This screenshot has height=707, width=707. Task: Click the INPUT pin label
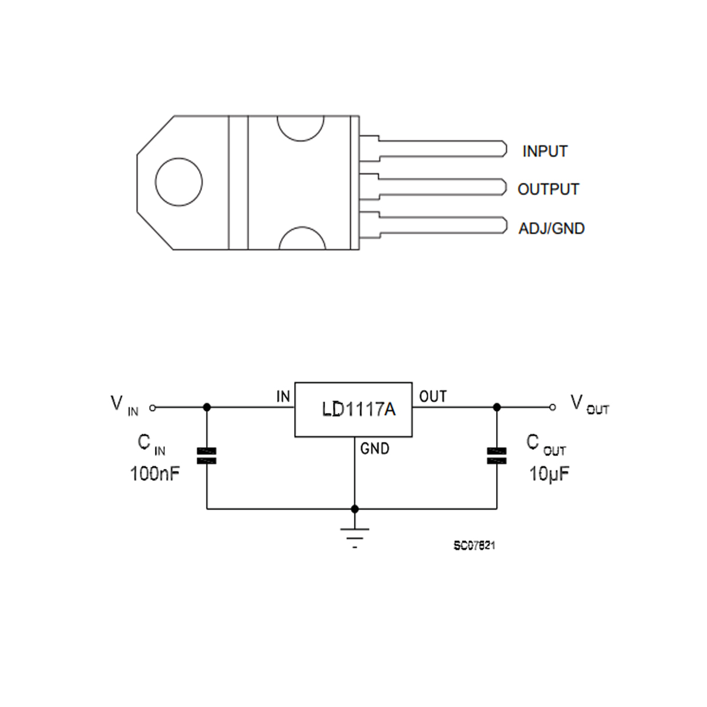(544, 151)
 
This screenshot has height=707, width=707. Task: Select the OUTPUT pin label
(548, 190)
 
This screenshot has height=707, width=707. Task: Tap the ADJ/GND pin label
(551, 229)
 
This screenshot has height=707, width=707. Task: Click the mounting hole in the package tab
(179, 181)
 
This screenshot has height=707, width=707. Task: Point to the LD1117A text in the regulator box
(358, 409)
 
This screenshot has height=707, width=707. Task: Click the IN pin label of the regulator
(283, 397)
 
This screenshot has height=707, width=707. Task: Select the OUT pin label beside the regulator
(433, 397)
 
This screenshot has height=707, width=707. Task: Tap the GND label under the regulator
(375, 449)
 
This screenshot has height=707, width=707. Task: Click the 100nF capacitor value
(155, 473)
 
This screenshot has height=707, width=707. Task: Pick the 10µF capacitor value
(549, 474)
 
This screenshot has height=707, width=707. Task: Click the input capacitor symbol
(207, 456)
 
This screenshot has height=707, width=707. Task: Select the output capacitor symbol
(497, 456)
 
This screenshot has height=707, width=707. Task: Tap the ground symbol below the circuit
(355, 533)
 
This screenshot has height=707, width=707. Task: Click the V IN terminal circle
(153, 407)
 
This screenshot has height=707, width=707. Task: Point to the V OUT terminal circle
(552, 407)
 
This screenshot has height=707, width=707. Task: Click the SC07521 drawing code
(474, 546)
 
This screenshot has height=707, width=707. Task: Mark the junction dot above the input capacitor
(207, 407)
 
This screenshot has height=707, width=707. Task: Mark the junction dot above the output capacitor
(497, 407)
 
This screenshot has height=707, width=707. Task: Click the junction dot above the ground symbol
(355, 508)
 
